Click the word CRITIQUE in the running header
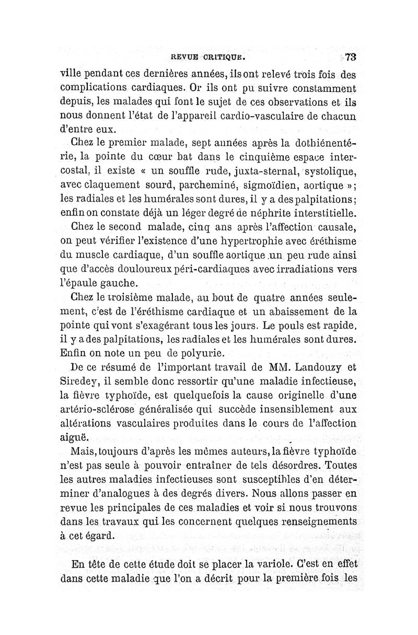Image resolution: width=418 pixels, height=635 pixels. tap(223, 57)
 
